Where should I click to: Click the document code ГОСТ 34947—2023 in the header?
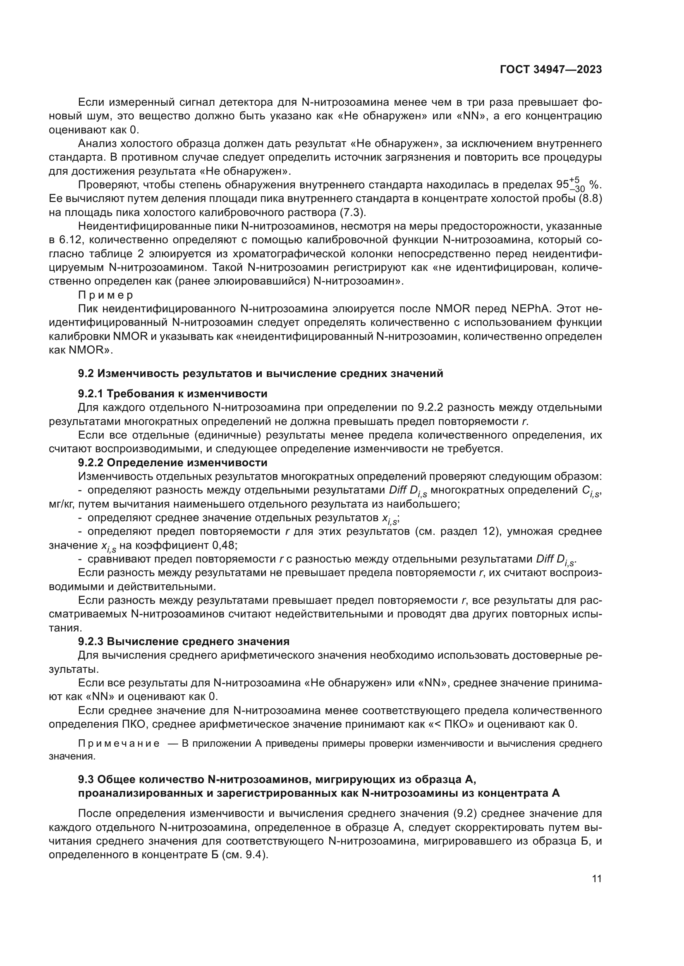(550, 69)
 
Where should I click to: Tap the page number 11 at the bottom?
(596, 879)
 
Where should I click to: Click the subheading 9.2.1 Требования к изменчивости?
(173, 394)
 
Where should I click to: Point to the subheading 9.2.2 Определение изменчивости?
(173, 463)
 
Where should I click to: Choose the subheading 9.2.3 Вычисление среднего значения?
(184, 641)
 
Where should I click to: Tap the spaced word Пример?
(105, 295)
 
